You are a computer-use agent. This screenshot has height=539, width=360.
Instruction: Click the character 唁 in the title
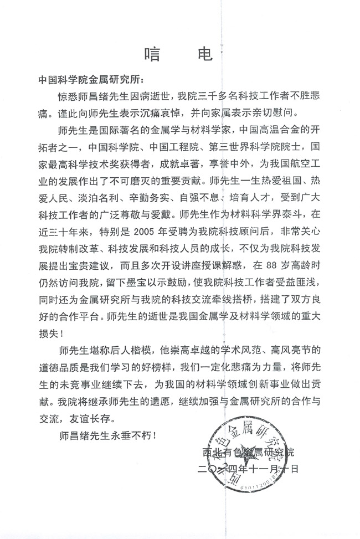click(x=155, y=54)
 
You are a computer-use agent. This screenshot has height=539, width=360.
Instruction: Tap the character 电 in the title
click(x=204, y=54)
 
